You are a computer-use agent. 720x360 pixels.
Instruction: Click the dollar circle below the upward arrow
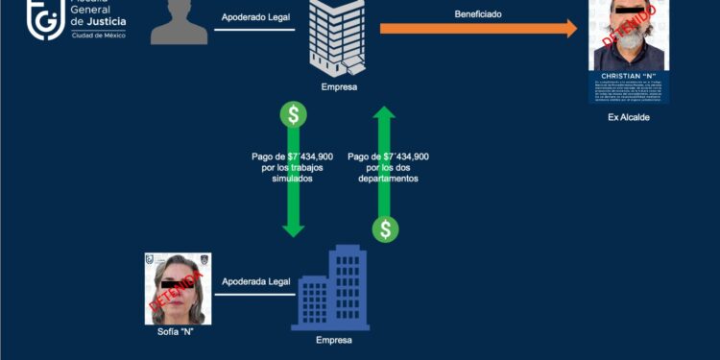(x=385, y=228)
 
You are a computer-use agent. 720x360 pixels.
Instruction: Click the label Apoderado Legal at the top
(x=254, y=16)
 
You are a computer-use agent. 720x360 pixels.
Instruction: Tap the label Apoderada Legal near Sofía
(x=254, y=281)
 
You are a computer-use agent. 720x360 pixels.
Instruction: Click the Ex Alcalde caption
(x=630, y=117)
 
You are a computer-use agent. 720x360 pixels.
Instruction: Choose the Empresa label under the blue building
(x=335, y=340)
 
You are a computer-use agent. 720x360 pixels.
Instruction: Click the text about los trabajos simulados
(x=293, y=167)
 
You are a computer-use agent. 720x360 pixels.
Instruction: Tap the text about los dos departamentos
(x=388, y=167)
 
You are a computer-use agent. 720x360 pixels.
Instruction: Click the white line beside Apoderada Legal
(x=254, y=295)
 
